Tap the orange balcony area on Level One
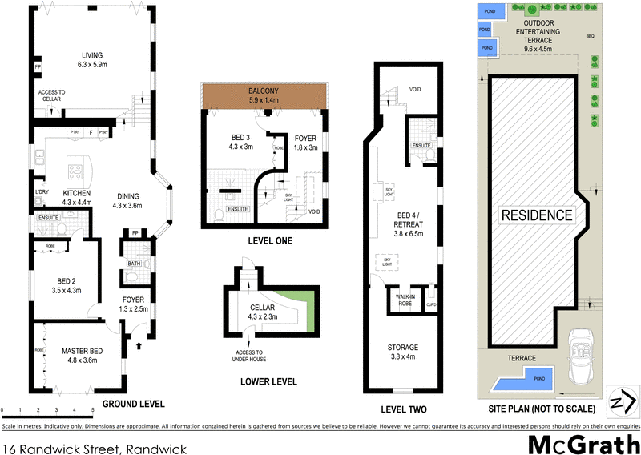264,95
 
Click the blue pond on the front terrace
520,385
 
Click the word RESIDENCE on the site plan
537,215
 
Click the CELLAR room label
262,308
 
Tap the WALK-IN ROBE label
404,300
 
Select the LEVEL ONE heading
269,240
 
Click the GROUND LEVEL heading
133,404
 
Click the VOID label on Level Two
414,89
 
